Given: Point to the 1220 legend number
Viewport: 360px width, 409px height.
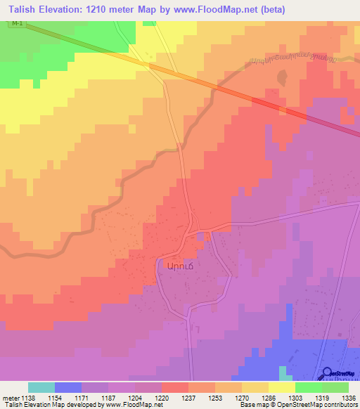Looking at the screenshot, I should [161, 398].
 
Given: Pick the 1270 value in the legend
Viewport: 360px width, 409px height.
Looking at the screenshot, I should [241, 398].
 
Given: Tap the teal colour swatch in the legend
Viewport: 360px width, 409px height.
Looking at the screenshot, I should [41, 387].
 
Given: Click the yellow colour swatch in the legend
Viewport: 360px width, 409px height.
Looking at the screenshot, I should [281, 387].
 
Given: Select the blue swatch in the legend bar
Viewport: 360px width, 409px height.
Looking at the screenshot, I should [67, 387].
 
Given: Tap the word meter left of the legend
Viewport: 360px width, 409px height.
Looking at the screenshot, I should [9, 398].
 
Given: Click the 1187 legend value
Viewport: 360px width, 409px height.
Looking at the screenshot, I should [107, 398].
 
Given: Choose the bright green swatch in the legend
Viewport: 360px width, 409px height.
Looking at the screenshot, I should [308, 387].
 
